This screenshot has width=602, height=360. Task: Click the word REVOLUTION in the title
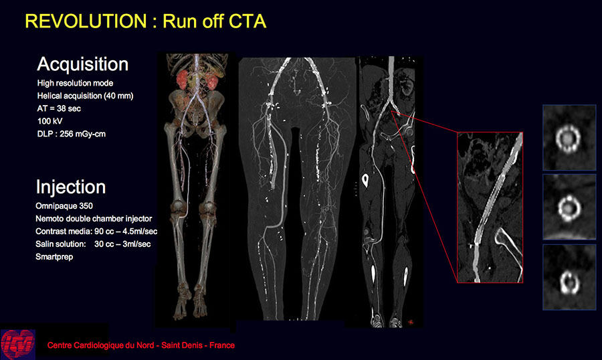point(86,21)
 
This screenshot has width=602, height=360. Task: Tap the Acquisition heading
point(82,64)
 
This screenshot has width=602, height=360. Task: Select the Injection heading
point(71,187)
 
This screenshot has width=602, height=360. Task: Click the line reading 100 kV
point(49,121)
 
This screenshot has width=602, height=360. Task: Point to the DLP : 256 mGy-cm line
point(71,134)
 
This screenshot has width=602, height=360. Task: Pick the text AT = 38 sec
point(59,108)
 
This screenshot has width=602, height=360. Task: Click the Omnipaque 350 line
point(64,206)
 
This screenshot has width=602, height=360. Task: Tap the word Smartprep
point(54,257)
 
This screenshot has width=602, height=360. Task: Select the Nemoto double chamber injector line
point(94,219)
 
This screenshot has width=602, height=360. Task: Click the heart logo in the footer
point(17,344)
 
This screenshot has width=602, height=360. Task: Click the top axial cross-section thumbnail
point(569,138)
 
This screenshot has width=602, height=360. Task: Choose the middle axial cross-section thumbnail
point(569,207)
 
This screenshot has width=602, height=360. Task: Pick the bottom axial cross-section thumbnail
point(569,277)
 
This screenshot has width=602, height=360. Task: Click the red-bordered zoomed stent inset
point(490,207)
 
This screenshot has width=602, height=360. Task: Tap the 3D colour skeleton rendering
point(196,188)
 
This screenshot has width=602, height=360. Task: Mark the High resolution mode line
point(75,83)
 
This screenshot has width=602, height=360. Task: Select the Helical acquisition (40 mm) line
point(85,96)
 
